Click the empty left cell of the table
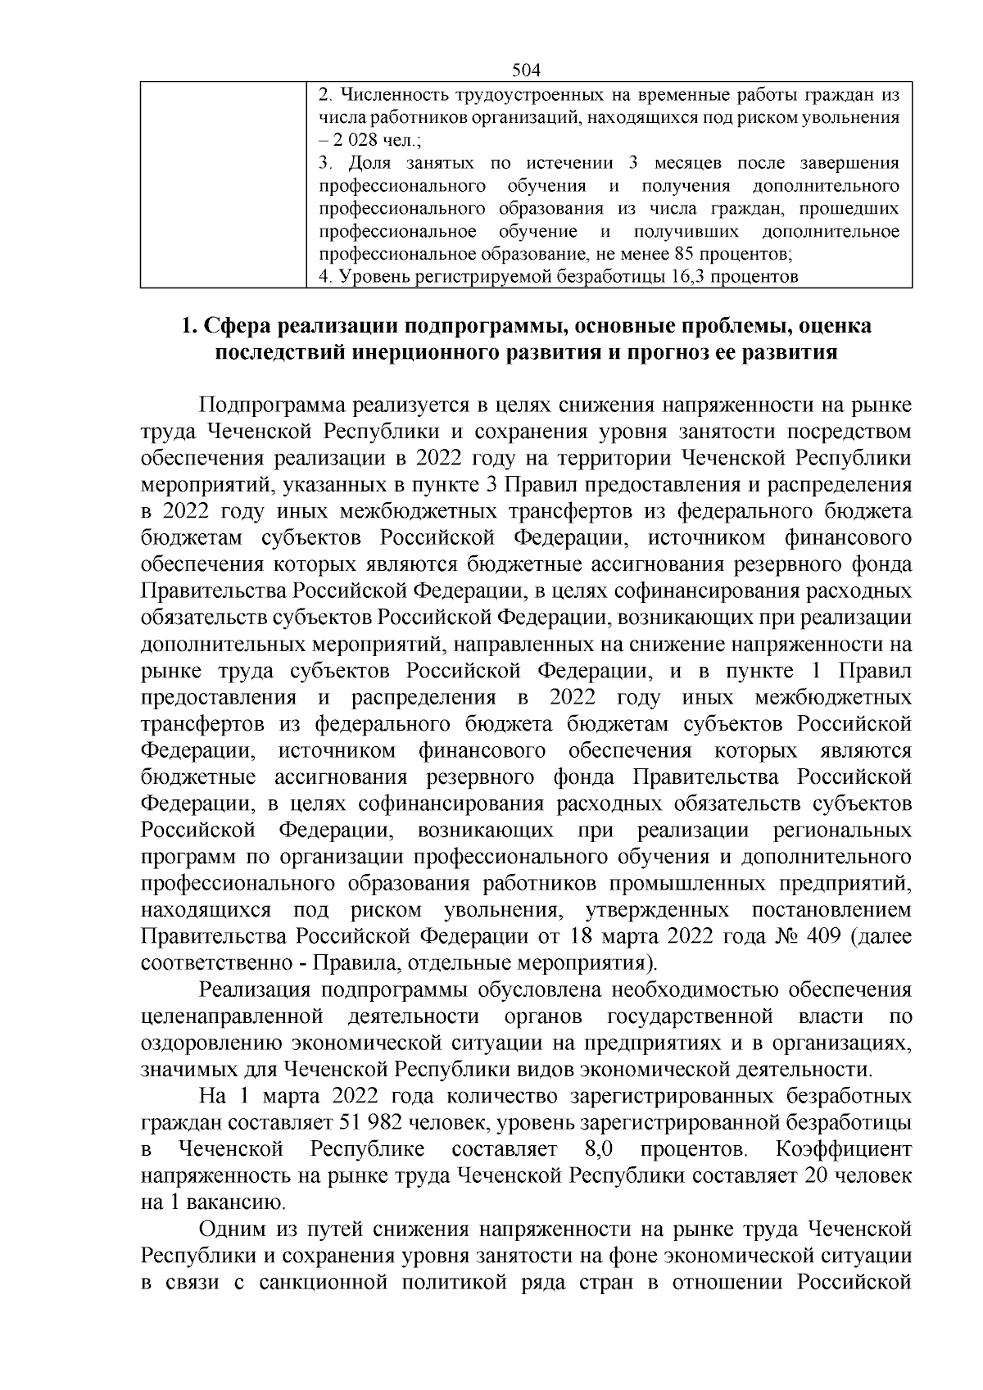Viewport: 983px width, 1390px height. coord(222,183)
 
